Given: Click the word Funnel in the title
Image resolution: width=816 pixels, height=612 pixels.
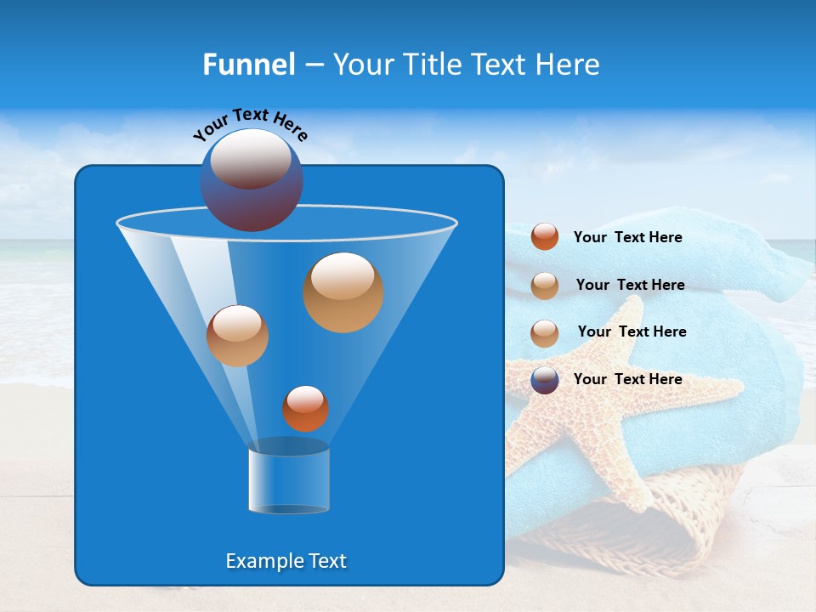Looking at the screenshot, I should click(248, 65).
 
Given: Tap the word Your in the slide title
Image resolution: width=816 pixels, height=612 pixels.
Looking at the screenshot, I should click(363, 65).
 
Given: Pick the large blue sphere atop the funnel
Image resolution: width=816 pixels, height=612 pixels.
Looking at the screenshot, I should click(252, 180).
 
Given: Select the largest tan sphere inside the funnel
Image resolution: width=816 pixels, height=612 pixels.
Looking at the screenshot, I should click(343, 292).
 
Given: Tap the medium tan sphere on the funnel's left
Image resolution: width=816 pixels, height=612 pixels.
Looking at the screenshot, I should click(237, 335).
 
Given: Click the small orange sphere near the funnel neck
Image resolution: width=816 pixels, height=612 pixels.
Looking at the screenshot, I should click(305, 408).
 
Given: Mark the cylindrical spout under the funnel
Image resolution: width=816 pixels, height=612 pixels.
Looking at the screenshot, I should click(288, 479).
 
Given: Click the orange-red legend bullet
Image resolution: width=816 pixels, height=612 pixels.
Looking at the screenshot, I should click(545, 236).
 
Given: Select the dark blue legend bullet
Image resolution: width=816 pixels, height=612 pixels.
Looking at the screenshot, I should click(545, 379).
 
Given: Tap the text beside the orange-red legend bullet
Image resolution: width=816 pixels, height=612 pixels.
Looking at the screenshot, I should click(627, 237).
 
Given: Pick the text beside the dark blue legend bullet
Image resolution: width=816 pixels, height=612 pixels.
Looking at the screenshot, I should click(627, 379).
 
